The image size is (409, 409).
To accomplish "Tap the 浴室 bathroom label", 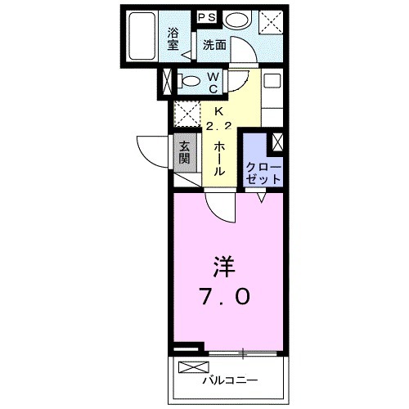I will click(x=173, y=39).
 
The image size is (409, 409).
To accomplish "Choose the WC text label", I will click(x=212, y=81).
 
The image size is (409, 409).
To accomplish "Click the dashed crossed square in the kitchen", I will click(x=187, y=113).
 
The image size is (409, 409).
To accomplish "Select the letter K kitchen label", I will click(x=218, y=112).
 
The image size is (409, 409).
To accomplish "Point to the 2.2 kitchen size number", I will click(x=218, y=126).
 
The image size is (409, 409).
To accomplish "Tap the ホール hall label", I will click(x=219, y=158).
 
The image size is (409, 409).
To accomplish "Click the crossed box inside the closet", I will click(x=277, y=142).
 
